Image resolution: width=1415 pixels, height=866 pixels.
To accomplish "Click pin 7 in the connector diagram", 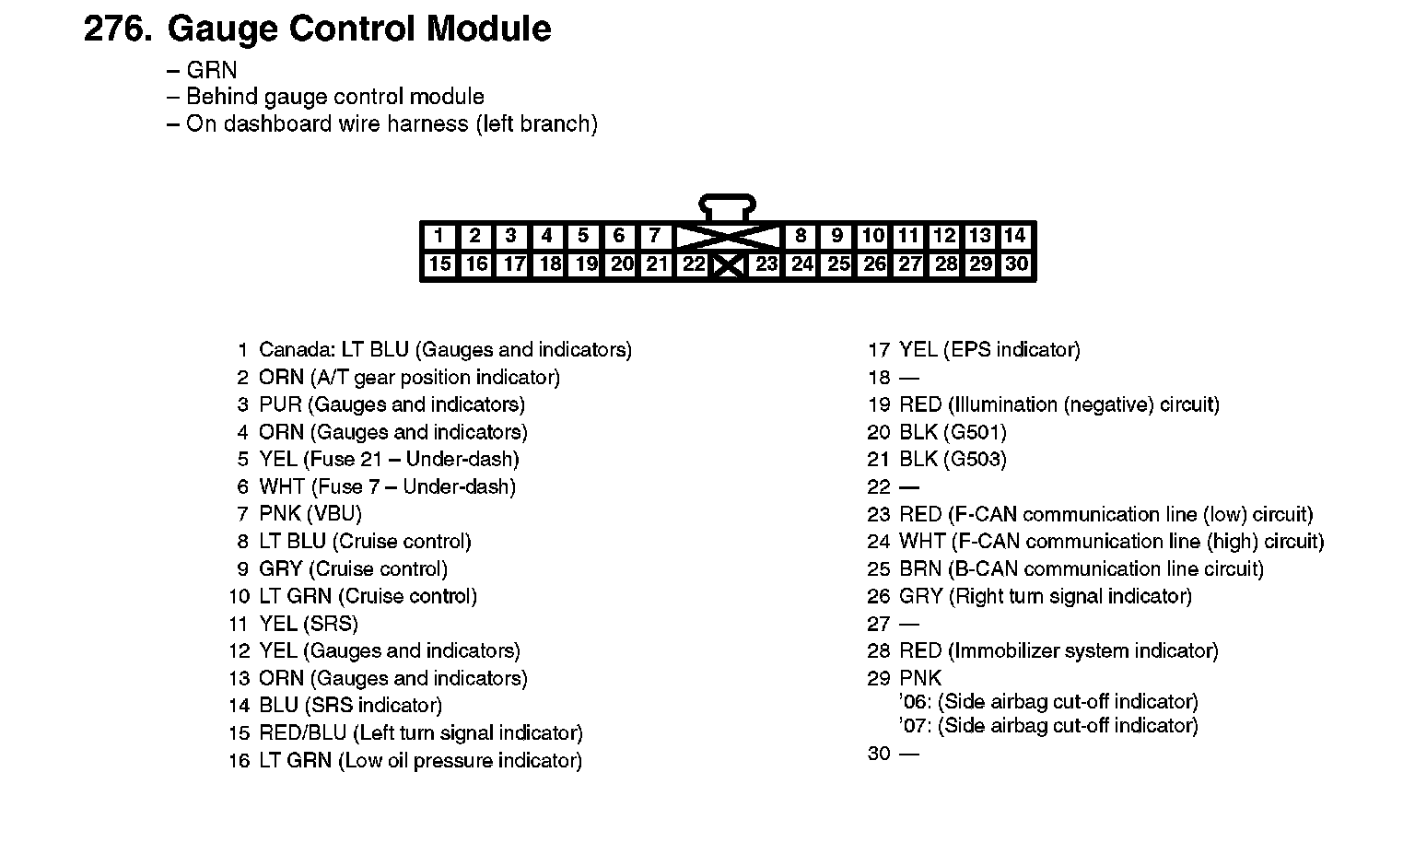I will [654, 236].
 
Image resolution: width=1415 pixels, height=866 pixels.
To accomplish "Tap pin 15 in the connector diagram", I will [439, 264].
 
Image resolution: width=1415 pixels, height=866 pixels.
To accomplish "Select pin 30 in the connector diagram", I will [1016, 264].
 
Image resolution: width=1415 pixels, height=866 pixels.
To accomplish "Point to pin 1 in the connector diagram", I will [439, 236].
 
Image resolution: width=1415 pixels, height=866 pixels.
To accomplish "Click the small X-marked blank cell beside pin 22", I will [729, 266].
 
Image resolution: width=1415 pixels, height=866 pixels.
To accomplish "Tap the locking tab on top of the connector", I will [728, 205].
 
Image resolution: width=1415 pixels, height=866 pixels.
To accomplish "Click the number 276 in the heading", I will [115, 29].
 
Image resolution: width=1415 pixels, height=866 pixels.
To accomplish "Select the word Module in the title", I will [489, 29].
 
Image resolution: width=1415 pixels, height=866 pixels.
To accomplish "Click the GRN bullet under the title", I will [211, 70].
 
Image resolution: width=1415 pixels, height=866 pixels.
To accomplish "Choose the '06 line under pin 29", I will [1048, 702].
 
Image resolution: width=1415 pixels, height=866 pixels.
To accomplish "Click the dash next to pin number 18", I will [909, 378].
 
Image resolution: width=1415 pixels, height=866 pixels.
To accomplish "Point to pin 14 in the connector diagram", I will [1015, 236].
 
